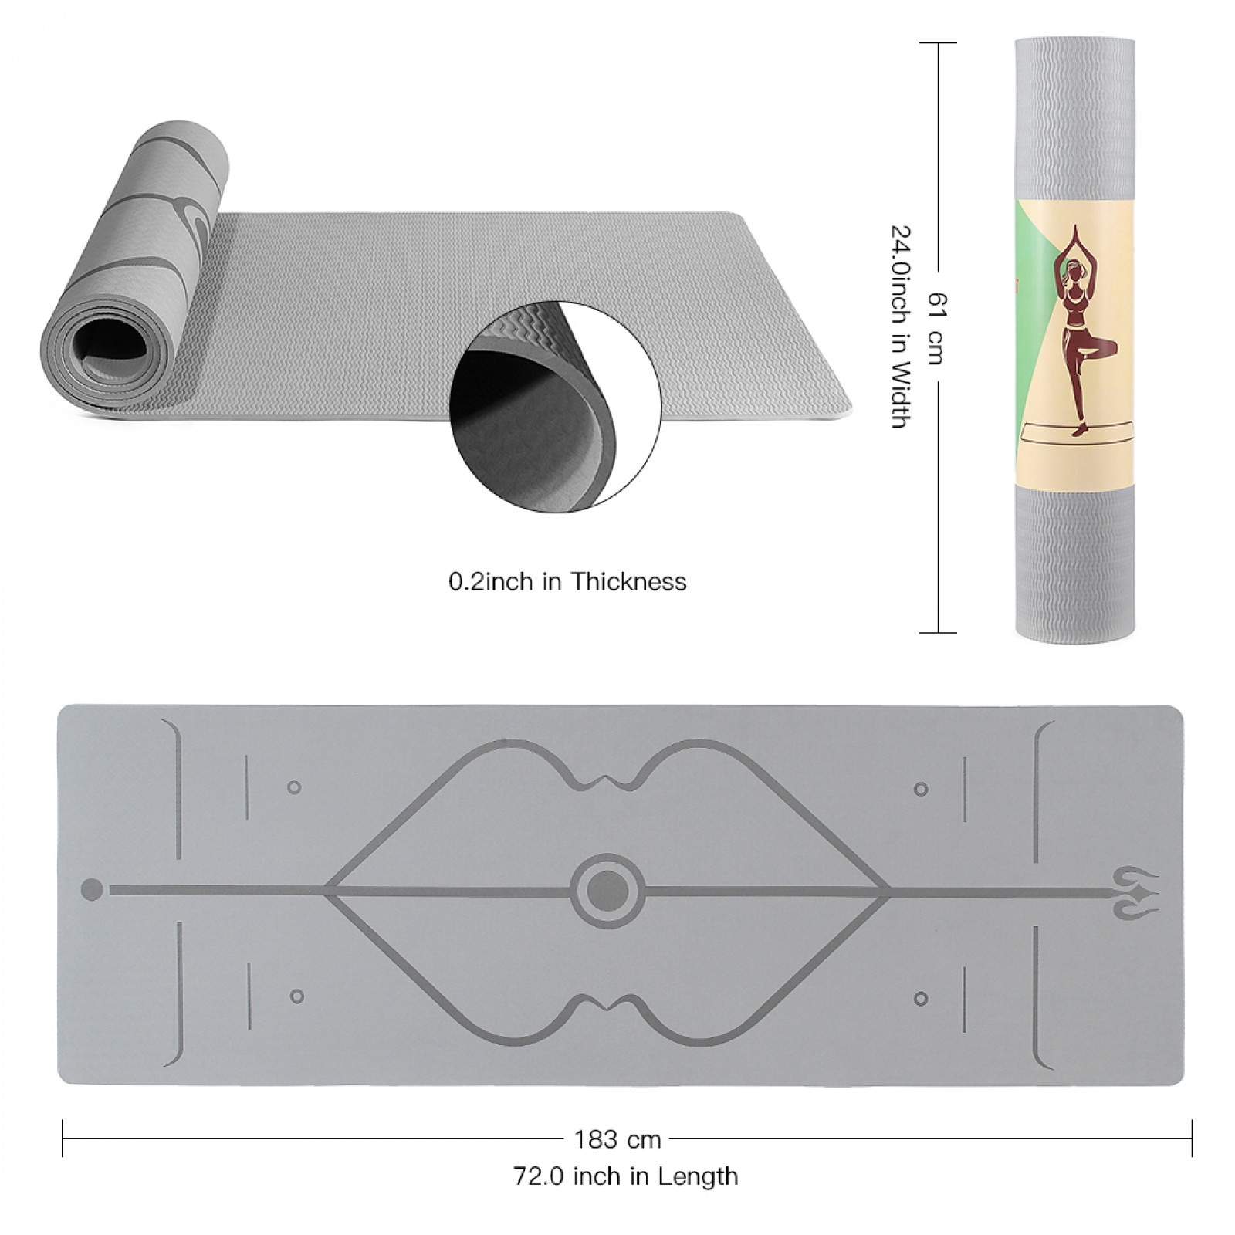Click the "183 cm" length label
click(617, 1139)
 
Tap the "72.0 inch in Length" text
click(626, 1176)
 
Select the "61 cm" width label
click(936, 328)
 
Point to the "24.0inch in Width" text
click(901, 327)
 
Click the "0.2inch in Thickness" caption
click(567, 581)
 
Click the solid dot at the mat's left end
click(92, 890)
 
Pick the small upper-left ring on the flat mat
click(294, 788)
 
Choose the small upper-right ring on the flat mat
click(920, 790)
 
